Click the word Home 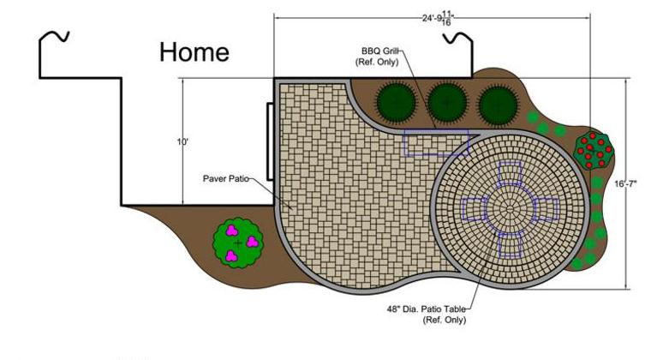click(x=194, y=52)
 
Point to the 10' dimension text click(x=182, y=142)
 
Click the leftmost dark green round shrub click(x=394, y=104)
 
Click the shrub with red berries click(x=594, y=151)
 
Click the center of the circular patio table click(x=511, y=208)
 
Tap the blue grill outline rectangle click(x=437, y=142)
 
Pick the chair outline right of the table click(x=546, y=208)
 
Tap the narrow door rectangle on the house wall click(x=271, y=142)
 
